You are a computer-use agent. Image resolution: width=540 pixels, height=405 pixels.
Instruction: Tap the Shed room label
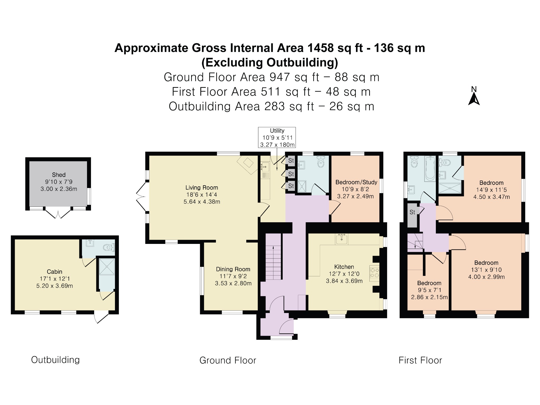tap(59, 175)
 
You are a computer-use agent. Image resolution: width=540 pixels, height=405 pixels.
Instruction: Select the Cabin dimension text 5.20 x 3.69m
tap(55, 286)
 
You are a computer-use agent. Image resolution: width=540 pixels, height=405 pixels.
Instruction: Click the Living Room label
tap(202, 188)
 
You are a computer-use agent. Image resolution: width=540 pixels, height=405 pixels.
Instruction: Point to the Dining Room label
tap(233, 269)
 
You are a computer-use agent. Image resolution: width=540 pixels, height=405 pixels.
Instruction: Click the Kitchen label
tap(344, 267)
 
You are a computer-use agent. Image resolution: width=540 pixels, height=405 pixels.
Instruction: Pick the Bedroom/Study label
tap(356, 182)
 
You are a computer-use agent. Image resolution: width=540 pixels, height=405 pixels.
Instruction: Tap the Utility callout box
tap(277, 137)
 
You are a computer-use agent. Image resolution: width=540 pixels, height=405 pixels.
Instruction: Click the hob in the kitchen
tap(374, 273)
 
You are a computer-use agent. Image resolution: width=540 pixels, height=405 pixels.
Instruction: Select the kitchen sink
tap(342, 239)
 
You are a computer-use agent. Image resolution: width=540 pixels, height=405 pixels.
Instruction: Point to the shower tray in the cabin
tap(107, 267)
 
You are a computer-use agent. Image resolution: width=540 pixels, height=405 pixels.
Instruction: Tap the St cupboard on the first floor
tap(412, 215)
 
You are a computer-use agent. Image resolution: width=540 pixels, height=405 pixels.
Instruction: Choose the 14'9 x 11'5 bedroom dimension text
tap(491, 190)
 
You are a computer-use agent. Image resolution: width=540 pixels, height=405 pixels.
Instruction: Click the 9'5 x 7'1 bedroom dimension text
tap(430, 290)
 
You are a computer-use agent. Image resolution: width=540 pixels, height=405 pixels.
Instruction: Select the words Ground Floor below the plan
tap(228, 360)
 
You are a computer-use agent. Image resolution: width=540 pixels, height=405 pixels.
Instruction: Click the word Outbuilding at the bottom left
tap(55, 360)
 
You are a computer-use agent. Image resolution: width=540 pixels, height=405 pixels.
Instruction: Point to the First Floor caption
tap(420, 360)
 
